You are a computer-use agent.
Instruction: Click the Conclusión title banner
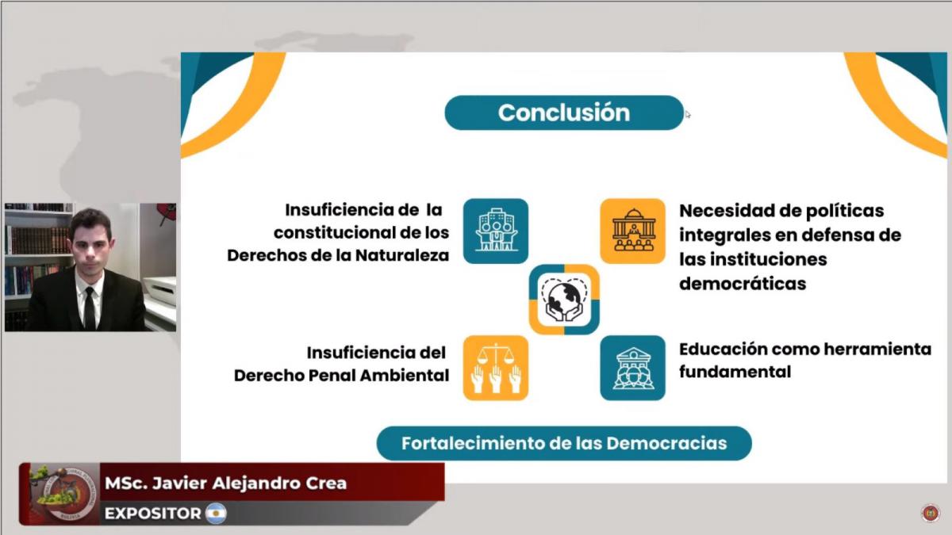pyautogui.click(x=564, y=113)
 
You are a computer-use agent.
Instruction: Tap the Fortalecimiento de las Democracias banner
pyautogui.click(x=564, y=443)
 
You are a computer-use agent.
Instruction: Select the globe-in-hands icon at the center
pyautogui.click(x=564, y=300)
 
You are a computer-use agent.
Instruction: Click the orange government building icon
pyautogui.click(x=633, y=231)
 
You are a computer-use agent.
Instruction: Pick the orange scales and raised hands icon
pyautogui.click(x=496, y=368)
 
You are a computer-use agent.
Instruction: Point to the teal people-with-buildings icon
pyautogui.click(x=496, y=231)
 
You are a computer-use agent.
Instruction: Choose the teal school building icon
pyautogui.click(x=633, y=368)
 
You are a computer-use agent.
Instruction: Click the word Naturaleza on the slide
pyautogui.click(x=402, y=255)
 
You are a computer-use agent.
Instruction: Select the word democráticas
pyautogui.click(x=743, y=283)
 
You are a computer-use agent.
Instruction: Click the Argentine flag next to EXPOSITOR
pyautogui.click(x=216, y=514)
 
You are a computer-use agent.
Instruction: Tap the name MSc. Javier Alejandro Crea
pyautogui.click(x=225, y=483)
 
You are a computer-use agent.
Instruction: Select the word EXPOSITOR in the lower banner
pyautogui.click(x=152, y=514)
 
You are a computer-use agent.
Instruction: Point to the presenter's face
pyautogui.click(x=92, y=246)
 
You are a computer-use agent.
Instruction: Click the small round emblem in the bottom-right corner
pyautogui.click(x=931, y=513)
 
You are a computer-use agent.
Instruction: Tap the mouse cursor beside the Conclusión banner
pyautogui.click(x=688, y=115)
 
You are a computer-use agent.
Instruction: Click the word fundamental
pyautogui.click(x=735, y=372)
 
